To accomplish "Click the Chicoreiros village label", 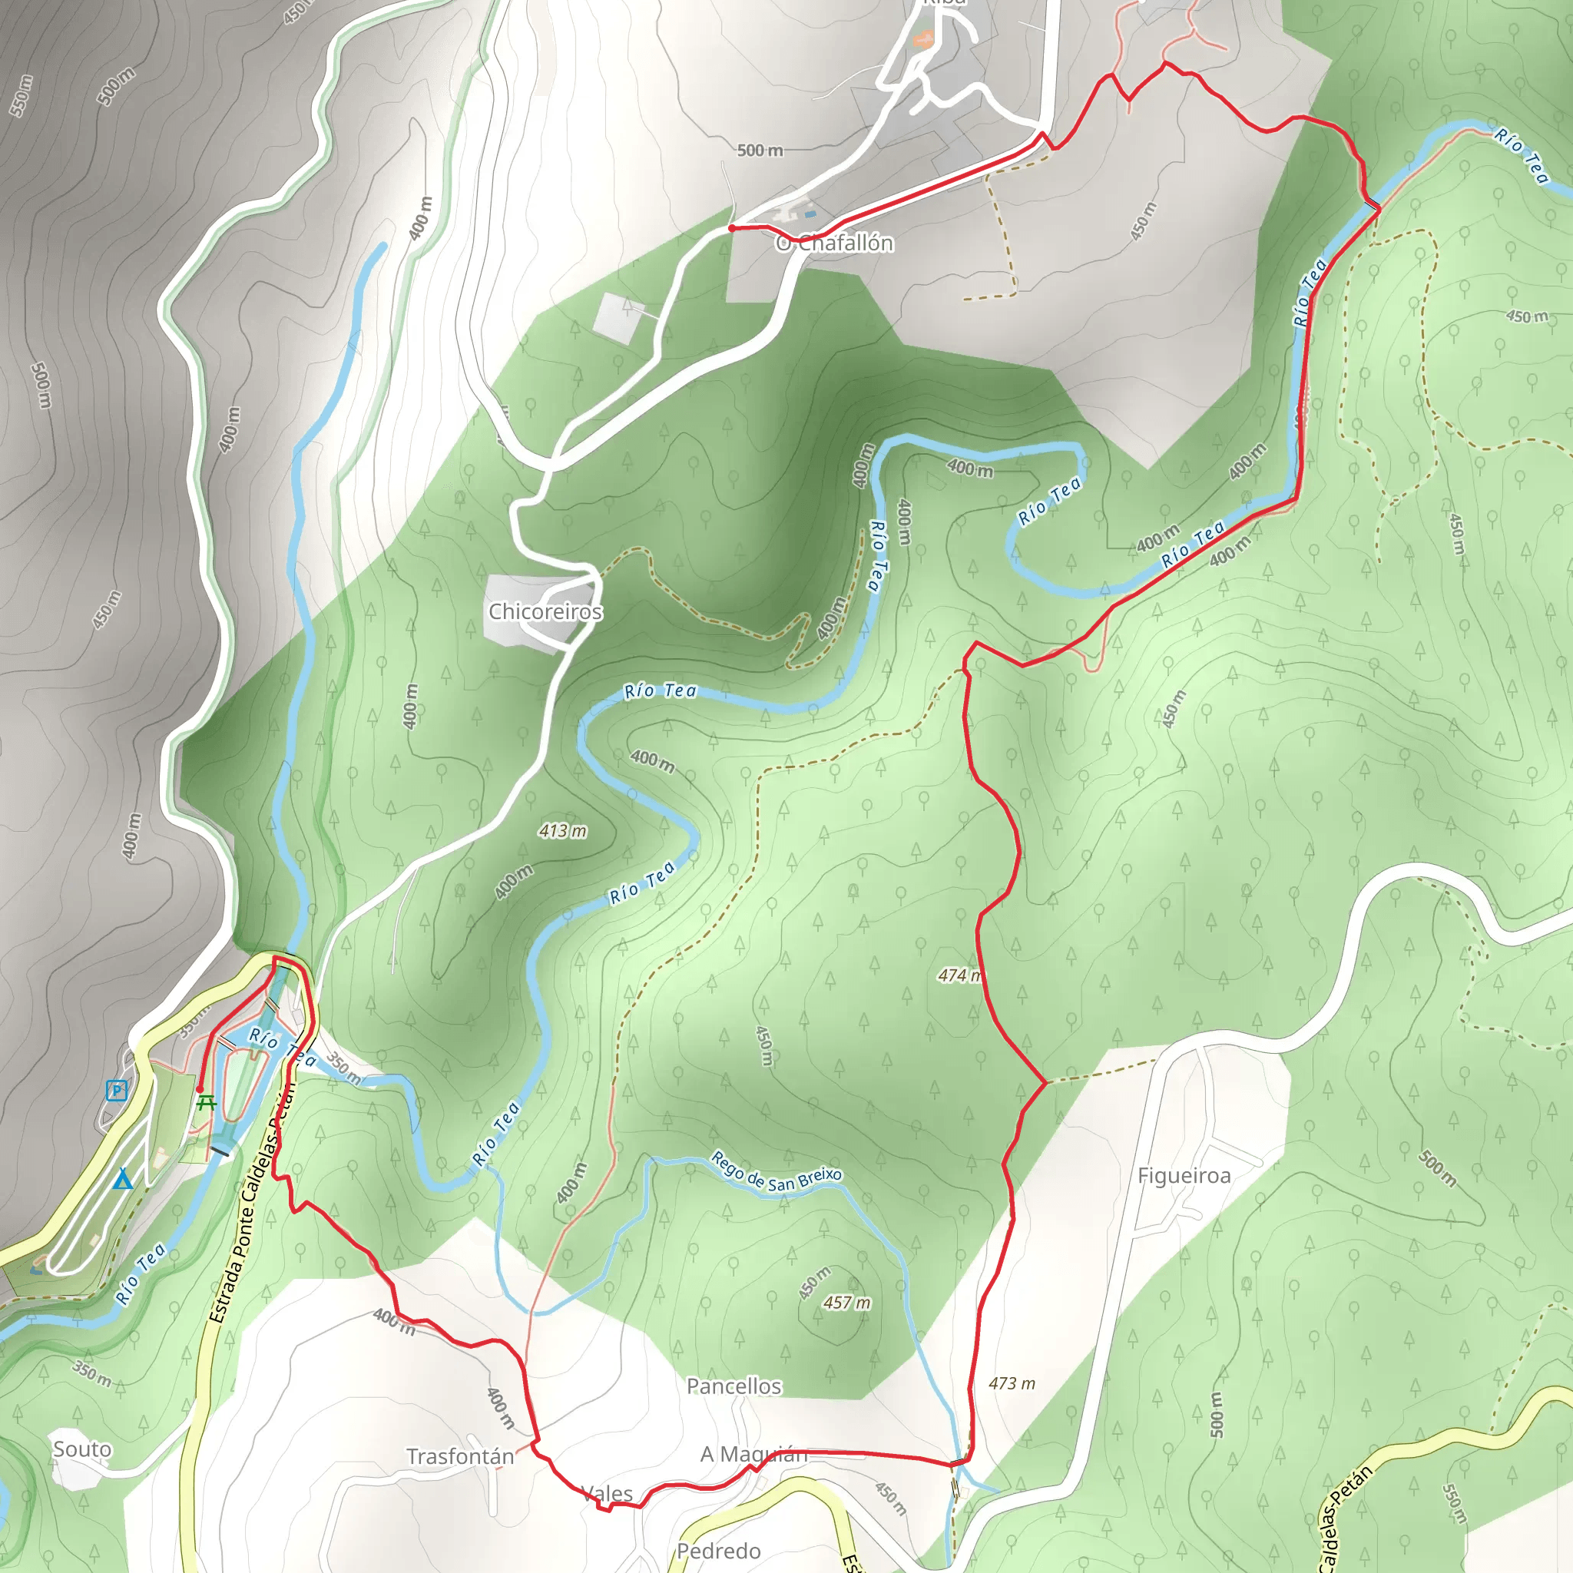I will [x=545, y=611].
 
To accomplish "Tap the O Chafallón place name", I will [x=835, y=243].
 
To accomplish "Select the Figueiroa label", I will [x=1184, y=1176].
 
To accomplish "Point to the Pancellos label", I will [x=734, y=1386].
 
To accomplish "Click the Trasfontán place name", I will [x=460, y=1455].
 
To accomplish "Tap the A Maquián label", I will [x=753, y=1453].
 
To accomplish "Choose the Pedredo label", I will [x=719, y=1550].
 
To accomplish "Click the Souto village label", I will [x=82, y=1449].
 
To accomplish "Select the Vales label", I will [x=607, y=1493].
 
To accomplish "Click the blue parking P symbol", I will [x=118, y=1089].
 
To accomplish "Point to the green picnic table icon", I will [x=207, y=1103].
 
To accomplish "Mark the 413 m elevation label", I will [x=562, y=830].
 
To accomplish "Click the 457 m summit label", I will [x=846, y=1303].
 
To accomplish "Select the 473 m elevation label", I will [x=1012, y=1383].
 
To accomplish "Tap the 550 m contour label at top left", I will [x=22, y=95].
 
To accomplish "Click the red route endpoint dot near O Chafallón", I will [x=732, y=228].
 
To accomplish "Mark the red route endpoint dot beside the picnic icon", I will [x=200, y=1088].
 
